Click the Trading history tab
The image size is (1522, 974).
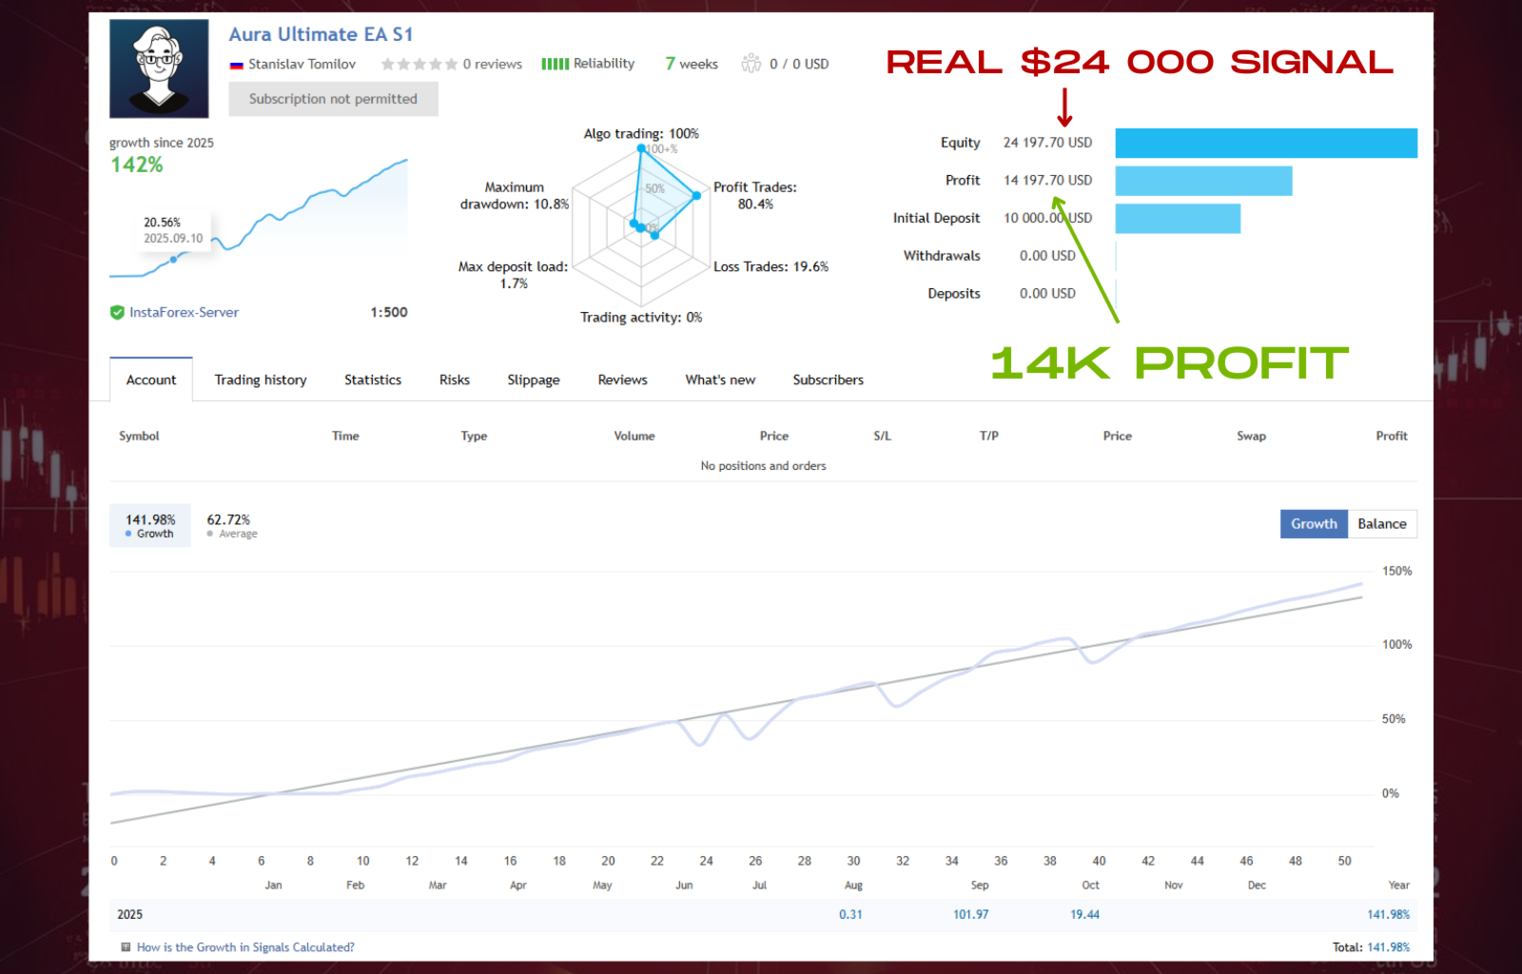click(x=261, y=380)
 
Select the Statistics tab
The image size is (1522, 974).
click(x=373, y=380)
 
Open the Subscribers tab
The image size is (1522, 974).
click(x=828, y=380)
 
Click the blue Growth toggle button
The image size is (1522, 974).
click(x=1313, y=524)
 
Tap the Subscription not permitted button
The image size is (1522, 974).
click(x=333, y=99)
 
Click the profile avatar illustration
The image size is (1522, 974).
click(x=159, y=68)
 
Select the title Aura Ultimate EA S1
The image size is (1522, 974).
click(x=321, y=34)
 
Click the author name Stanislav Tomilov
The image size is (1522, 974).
click(x=302, y=64)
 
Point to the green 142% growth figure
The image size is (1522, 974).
click(x=137, y=165)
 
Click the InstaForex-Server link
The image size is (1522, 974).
click(x=184, y=312)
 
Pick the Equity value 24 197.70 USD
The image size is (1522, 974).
click(x=1047, y=143)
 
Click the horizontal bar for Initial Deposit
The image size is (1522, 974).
click(x=1178, y=218)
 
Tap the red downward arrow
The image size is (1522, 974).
click(x=1064, y=107)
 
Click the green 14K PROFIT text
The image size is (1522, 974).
click(x=1169, y=363)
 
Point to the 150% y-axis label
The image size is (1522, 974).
click(x=1396, y=571)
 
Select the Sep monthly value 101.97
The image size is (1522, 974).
click(x=970, y=914)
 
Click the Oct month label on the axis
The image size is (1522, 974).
click(x=1090, y=885)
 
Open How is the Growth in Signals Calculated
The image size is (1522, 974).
click(x=244, y=947)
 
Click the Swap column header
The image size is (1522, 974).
click(x=1251, y=436)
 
